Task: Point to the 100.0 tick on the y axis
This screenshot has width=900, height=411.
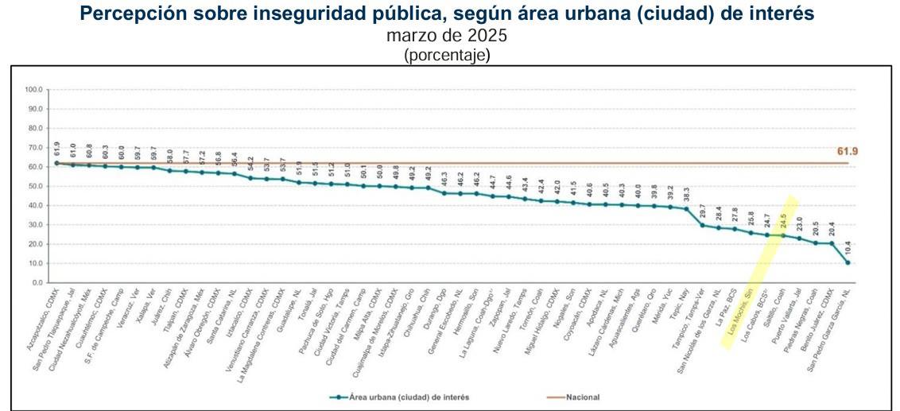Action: pos(34,90)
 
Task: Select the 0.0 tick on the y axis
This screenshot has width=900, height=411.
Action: pos(37,282)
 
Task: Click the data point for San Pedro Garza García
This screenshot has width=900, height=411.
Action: pos(848,262)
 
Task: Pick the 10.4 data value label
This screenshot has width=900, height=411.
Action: pos(848,246)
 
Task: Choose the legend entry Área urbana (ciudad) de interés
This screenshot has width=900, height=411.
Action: pos(402,396)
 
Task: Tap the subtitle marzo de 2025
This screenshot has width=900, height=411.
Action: pos(446,36)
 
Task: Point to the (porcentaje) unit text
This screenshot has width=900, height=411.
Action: pos(447,55)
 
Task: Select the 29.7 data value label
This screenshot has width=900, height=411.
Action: pos(702,210)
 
